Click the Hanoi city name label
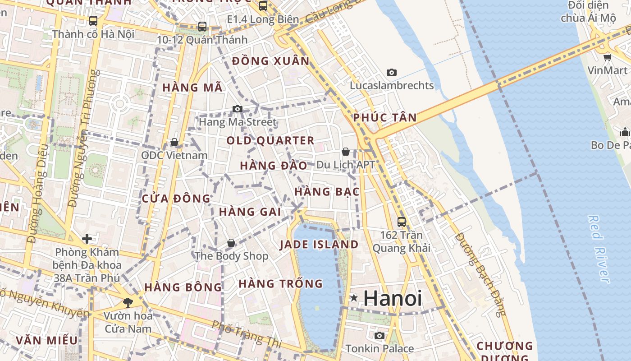tap(393, 298)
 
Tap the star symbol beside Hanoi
tap(354, 298)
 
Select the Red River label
tap(599, 249)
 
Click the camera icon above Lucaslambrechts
tap(392, 72)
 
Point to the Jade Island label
tap(319, 245)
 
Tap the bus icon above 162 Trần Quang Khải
tap(401, 222)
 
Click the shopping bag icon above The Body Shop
tap(231, 243)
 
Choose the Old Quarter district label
tap(270, 140)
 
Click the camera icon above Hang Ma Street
tap(238, 109)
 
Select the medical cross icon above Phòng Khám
tap(87, 238)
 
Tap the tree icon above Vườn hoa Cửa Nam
tap(128, 302)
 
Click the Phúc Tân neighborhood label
tap(385, 118)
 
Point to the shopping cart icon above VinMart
tap(607, 57)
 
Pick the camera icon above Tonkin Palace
tap(380, 335)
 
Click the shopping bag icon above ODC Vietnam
tap(174, 143)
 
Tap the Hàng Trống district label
tap(281, 284)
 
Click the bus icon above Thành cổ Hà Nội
tap(93, 20)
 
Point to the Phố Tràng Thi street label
tap(247, 334)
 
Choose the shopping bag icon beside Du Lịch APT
tap(346, 152)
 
